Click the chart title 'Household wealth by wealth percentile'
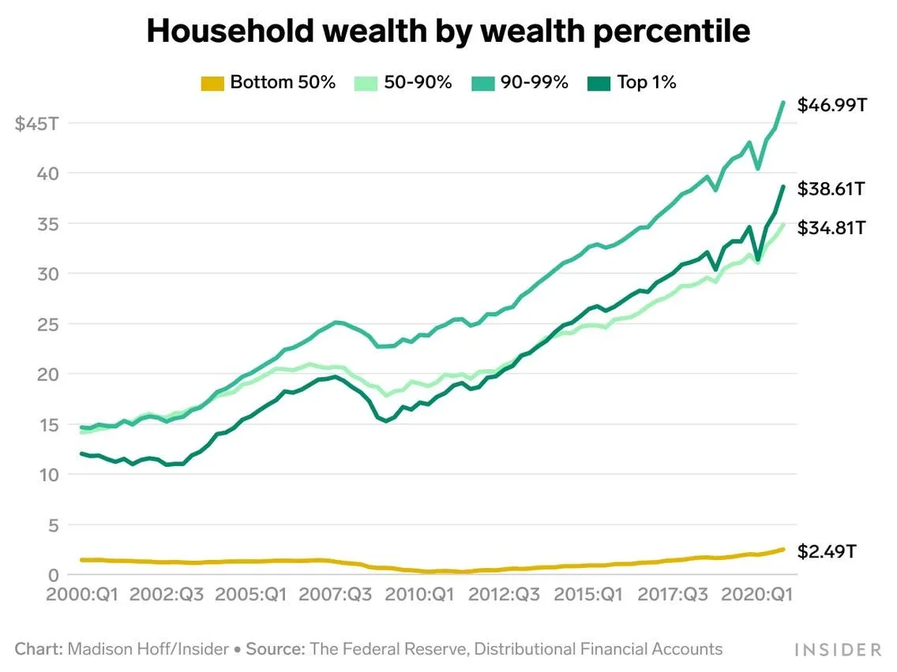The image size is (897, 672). click(448, 32)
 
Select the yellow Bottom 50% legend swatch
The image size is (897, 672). click(212, 83)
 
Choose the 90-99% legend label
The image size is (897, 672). click(534, 82)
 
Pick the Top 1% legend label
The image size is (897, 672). click(647, 82)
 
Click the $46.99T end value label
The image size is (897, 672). click(832, 105)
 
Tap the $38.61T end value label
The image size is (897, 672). click(832, 189)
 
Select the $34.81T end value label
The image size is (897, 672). click(832, 229)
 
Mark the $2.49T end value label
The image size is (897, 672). click(826, 551)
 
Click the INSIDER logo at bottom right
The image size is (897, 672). click(838, 650)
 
